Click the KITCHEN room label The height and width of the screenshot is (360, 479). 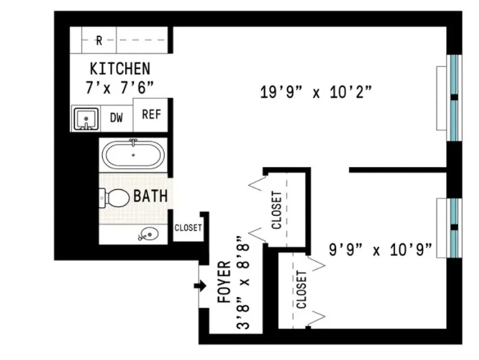(120, 69)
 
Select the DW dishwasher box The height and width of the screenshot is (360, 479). (116, 118)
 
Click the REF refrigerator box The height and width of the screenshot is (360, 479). (151, 114)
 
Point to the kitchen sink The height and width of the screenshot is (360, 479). (85, 119)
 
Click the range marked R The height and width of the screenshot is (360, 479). (99, 40)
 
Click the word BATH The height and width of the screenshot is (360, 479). (151, 196)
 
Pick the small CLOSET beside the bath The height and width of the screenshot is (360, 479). (188, 228)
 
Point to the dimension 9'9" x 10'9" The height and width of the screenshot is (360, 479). (381, 249)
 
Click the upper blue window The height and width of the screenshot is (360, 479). (454, 98)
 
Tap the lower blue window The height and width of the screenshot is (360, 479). (454, 228)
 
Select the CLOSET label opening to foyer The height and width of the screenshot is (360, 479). (277, 210)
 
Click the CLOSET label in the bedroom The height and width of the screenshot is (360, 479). (301, 289)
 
